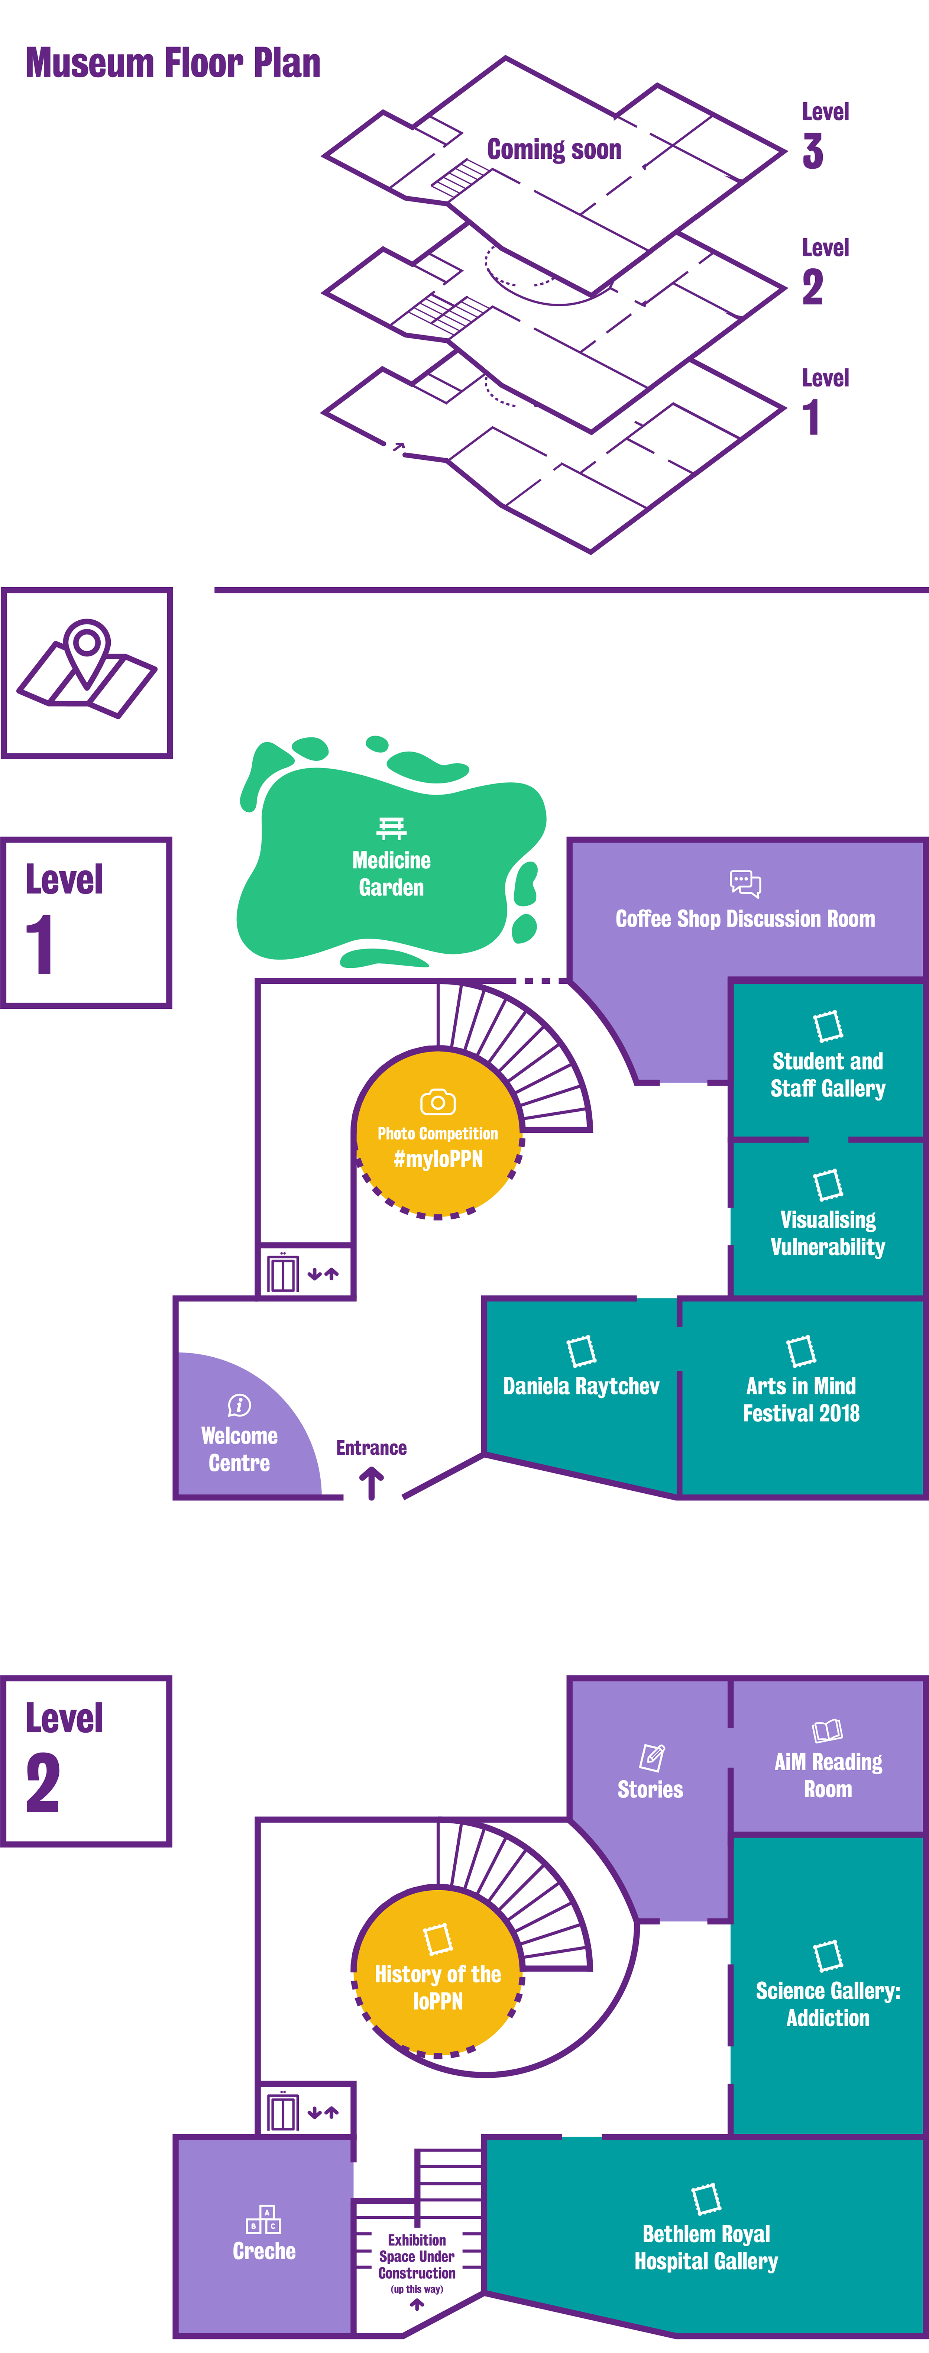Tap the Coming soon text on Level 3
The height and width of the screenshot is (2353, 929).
554,149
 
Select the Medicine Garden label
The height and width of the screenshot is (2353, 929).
391,873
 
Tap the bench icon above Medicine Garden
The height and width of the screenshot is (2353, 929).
391,828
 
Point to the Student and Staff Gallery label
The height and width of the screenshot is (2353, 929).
828,1074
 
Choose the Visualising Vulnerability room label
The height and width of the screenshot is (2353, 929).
828,1233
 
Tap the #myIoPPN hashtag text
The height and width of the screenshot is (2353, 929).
437,1159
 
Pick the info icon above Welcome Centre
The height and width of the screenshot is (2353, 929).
239,1405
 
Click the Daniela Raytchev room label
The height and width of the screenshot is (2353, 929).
581,1386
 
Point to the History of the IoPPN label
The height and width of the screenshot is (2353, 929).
437,1988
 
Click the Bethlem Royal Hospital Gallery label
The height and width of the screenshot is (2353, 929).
706,2247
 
